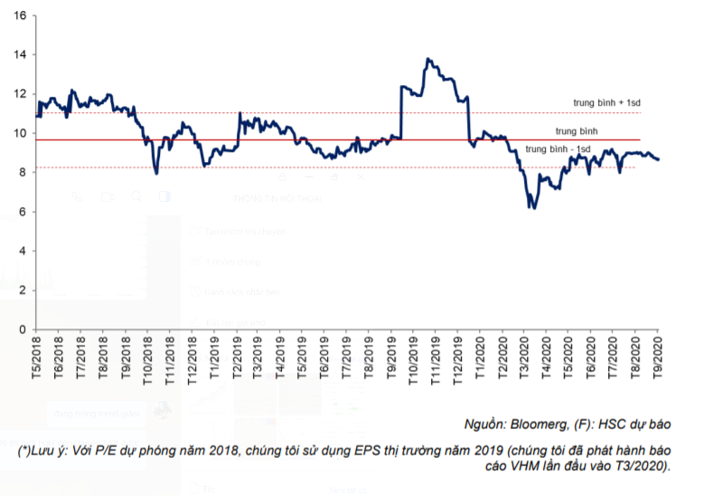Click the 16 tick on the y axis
coord(20,15)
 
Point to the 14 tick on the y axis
coord(20,54)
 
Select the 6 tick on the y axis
coord(23,212)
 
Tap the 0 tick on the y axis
coord(23,329)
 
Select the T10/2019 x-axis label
coord(413,354)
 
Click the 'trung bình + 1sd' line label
coord(606,102)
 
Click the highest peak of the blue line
coord(427,59)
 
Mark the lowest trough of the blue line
coord(531,208)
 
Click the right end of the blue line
coord(658,159)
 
